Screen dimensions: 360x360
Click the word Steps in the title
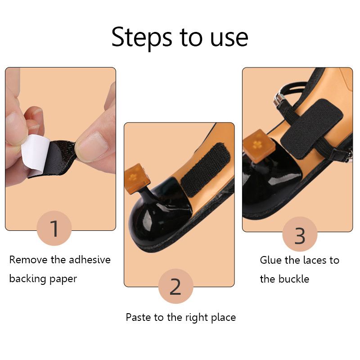[142, 37]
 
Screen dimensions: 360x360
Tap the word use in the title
[229, 38]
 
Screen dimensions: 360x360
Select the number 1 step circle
[54, 228]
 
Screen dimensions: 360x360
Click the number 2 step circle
[175, 286]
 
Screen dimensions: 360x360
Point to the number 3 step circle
[300, 234]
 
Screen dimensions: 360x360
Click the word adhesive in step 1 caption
[90, 260]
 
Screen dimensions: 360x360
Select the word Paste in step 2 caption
[139, 317]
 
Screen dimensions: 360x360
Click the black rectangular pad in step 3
[311, 129]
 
